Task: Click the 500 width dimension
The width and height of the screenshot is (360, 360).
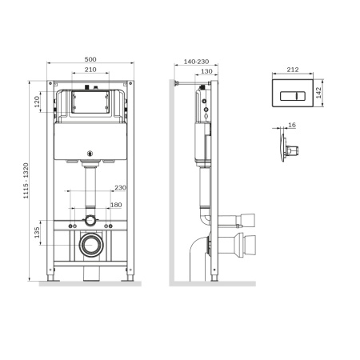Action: (x=90, y=59)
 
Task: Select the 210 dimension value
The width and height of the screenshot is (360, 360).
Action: (x=90, y=70)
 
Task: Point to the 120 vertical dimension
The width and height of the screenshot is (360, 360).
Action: (x=38, y=104)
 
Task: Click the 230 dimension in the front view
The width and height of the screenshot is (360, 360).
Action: (x=119, y=188)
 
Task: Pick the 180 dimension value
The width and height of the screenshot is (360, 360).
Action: (x=118, y=205)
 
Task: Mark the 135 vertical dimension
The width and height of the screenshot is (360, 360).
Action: (x=38, y=234)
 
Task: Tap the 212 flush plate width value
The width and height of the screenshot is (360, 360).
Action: (x=292, y=70)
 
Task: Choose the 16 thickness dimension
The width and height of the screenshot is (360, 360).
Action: (x=290, y=126)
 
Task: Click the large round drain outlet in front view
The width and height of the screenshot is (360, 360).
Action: (x=90, y=243)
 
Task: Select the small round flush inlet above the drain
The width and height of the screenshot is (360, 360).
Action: (x=90, y=219)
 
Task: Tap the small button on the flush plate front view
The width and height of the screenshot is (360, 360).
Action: (x=300, y=93)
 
